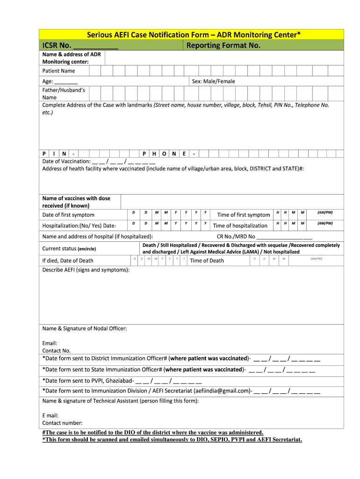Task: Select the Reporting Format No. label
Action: click(x=223, y=45)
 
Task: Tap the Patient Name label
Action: click(x=58, y=71)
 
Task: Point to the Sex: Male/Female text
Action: click(x=213, y=81)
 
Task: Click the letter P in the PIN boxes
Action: click(x=44, y=153)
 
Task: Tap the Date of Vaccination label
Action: click(x=66, y=161)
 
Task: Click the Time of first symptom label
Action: click(x=244, y=215)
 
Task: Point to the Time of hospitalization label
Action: click(x=240, y=225)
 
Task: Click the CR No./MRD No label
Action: click(x=236, y=236)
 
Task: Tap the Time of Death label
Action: click(x=207, y=261)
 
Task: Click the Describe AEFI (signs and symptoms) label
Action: click(x=86, y=270)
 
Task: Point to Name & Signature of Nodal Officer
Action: click(x=85, y=328)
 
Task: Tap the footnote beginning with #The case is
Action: click(x=153, y=432)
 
